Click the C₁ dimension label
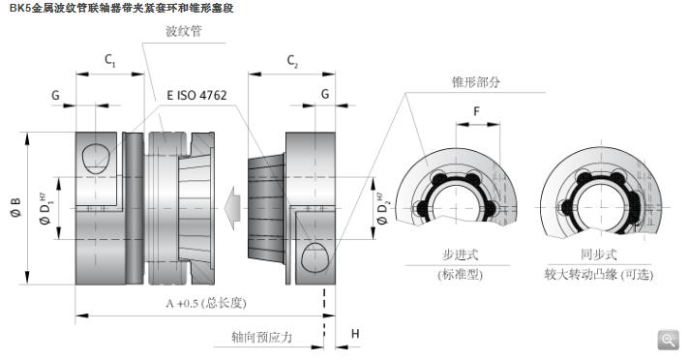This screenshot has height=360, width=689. (110, 60)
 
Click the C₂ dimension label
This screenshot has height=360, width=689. (292, 61)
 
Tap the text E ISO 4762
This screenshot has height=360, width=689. (196, 96)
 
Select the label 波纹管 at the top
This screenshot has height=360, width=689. (184, 31)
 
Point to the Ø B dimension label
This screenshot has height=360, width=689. (15, 207)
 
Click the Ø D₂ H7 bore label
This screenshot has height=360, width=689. (383, 208)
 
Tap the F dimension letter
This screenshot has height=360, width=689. (477, 111)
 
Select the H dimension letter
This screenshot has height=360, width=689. (355, 334)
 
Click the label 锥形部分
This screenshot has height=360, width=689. (476, 81)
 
